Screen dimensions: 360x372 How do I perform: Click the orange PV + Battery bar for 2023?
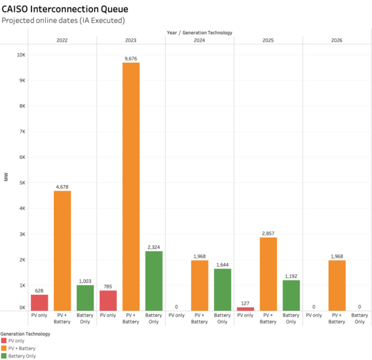click(x=131, y=186)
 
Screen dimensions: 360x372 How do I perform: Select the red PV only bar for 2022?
click(x=40, y=302)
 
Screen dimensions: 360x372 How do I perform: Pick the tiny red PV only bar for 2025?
click(x=246, y=308)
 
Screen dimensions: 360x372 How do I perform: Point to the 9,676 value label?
click(x=131, y=58)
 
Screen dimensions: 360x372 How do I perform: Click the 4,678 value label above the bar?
click(x=62, y=186)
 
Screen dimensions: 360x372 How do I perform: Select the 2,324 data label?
click(x=154, y=246)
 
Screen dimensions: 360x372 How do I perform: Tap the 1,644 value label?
click(x=223, y=264)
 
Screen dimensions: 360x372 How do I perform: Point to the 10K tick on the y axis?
click(x=20, y=55)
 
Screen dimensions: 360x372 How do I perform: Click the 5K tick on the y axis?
click(x=22, y=182)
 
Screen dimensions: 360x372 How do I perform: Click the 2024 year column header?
click(x=200, y=40)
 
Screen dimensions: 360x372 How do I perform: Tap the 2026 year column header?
click(x=337, y=40)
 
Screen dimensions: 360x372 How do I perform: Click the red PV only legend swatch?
click(x=4, y=341)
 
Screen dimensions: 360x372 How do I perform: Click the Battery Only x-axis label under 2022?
click(x=85, y=318)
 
